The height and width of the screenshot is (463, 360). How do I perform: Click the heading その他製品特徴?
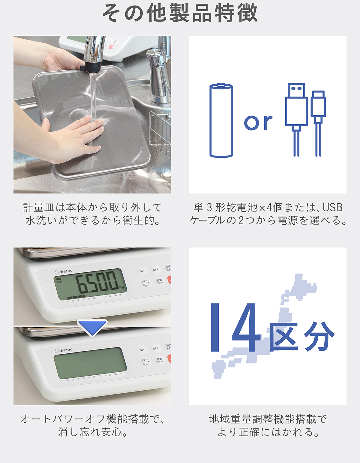pyautogui.click(x=180, y=13)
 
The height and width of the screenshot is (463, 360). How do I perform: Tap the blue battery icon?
pyautogui.click(x=221, y=120)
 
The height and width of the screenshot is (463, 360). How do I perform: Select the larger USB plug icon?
pyautogui.click(x=296, y=120)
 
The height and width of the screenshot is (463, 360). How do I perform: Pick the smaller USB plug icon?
pyautogui.click(x=318, y=123)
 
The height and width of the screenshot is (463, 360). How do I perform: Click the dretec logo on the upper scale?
pyautogui.click(x=63, y=271)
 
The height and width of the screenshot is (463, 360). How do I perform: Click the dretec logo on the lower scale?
pyautogui.click(x=63, y=350)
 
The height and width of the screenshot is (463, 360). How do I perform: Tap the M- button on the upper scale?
pyautogui.click(x=142, y=271)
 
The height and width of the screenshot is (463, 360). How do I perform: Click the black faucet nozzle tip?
pyautogui.click(x=90, y=68)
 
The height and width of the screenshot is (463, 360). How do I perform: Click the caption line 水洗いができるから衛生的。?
pyautogui.click(x=92, y=220)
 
